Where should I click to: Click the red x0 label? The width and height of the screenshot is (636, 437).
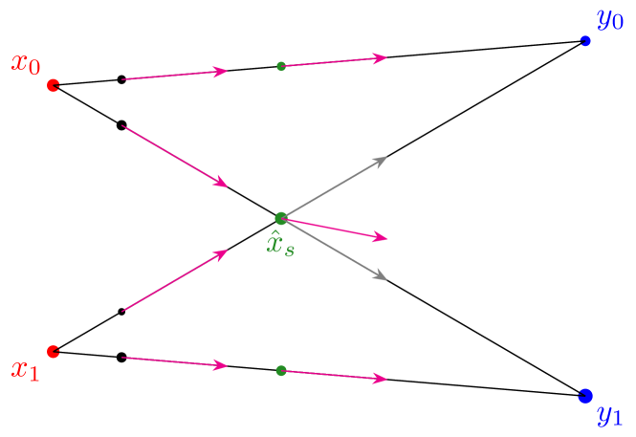[26, 65]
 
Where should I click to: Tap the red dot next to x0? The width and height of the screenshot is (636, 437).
[54, 85]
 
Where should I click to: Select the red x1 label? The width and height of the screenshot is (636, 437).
[25, 369]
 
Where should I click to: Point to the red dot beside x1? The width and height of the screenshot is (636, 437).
[54, 351]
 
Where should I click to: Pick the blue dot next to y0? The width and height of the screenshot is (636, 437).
[585, 41]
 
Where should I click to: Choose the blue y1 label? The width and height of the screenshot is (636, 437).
[609, 416]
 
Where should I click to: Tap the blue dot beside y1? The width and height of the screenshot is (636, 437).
[585, 395]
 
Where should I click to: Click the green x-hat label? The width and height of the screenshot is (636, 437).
[280, 245]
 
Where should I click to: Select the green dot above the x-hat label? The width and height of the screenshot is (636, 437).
[280, 218]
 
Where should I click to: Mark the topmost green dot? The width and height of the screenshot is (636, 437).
[281, 66]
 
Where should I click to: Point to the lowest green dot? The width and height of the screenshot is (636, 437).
[280, 370]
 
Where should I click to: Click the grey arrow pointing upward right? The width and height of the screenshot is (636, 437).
[335, 187]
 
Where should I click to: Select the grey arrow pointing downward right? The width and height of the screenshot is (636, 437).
[335, 250]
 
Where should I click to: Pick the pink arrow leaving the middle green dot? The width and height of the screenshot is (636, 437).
[335, 229]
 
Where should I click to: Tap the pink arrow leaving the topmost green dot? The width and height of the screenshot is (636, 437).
[335, 61]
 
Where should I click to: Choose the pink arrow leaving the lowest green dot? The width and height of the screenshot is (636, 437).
[335, 375]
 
